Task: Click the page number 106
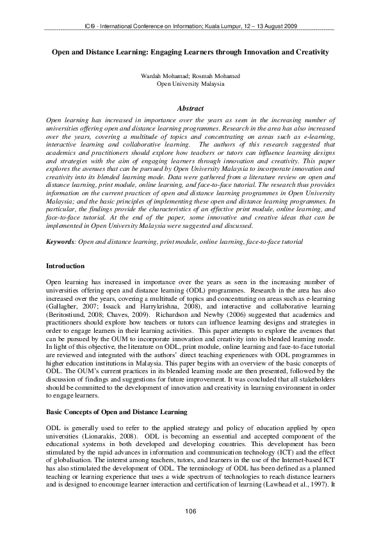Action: (190, 511)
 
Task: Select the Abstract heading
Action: (190, 109)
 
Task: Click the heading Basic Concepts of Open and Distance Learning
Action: (117, 412)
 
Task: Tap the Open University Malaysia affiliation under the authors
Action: (190, 84)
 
